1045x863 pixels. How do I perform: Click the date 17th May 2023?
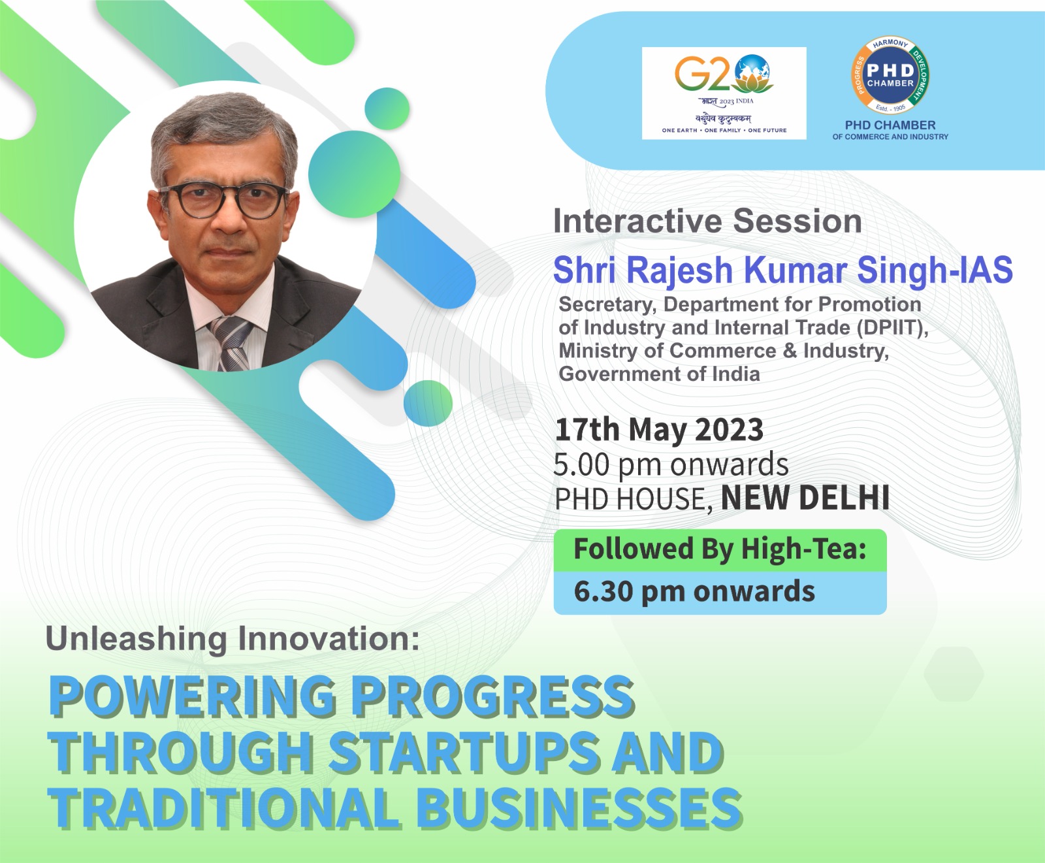click(659, 430)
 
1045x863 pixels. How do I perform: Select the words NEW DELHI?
click(805, 498)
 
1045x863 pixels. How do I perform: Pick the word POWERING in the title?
click(193, 696)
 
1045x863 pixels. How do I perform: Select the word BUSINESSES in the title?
click(579, 807)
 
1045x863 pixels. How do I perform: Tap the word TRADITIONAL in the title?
click(223, 807)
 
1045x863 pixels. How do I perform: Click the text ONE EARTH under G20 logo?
click(679, 131)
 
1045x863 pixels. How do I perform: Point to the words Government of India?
click(659, 374)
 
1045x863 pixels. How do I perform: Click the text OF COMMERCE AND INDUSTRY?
click(890, 137)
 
